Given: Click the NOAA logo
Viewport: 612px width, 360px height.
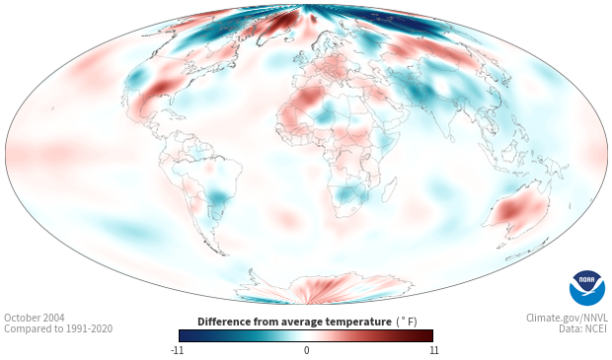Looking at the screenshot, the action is click(587, 288).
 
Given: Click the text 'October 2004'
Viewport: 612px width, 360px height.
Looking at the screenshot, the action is click(35, 318).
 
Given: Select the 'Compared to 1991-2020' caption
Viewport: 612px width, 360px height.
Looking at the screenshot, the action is click(58, 329).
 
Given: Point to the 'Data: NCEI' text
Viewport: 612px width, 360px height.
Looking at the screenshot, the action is click(583, 329).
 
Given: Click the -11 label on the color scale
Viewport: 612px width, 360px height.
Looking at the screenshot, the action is click(178, 350).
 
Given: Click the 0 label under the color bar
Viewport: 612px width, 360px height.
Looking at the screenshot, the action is click(306, 350).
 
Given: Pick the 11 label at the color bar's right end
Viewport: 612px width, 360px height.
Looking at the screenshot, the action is click(434, 350).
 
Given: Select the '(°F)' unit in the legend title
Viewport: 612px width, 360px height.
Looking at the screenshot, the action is click(407, 323).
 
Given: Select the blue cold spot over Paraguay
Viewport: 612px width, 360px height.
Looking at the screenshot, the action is click(217, 197).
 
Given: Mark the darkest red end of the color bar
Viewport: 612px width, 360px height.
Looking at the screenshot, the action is click(428, 335).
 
